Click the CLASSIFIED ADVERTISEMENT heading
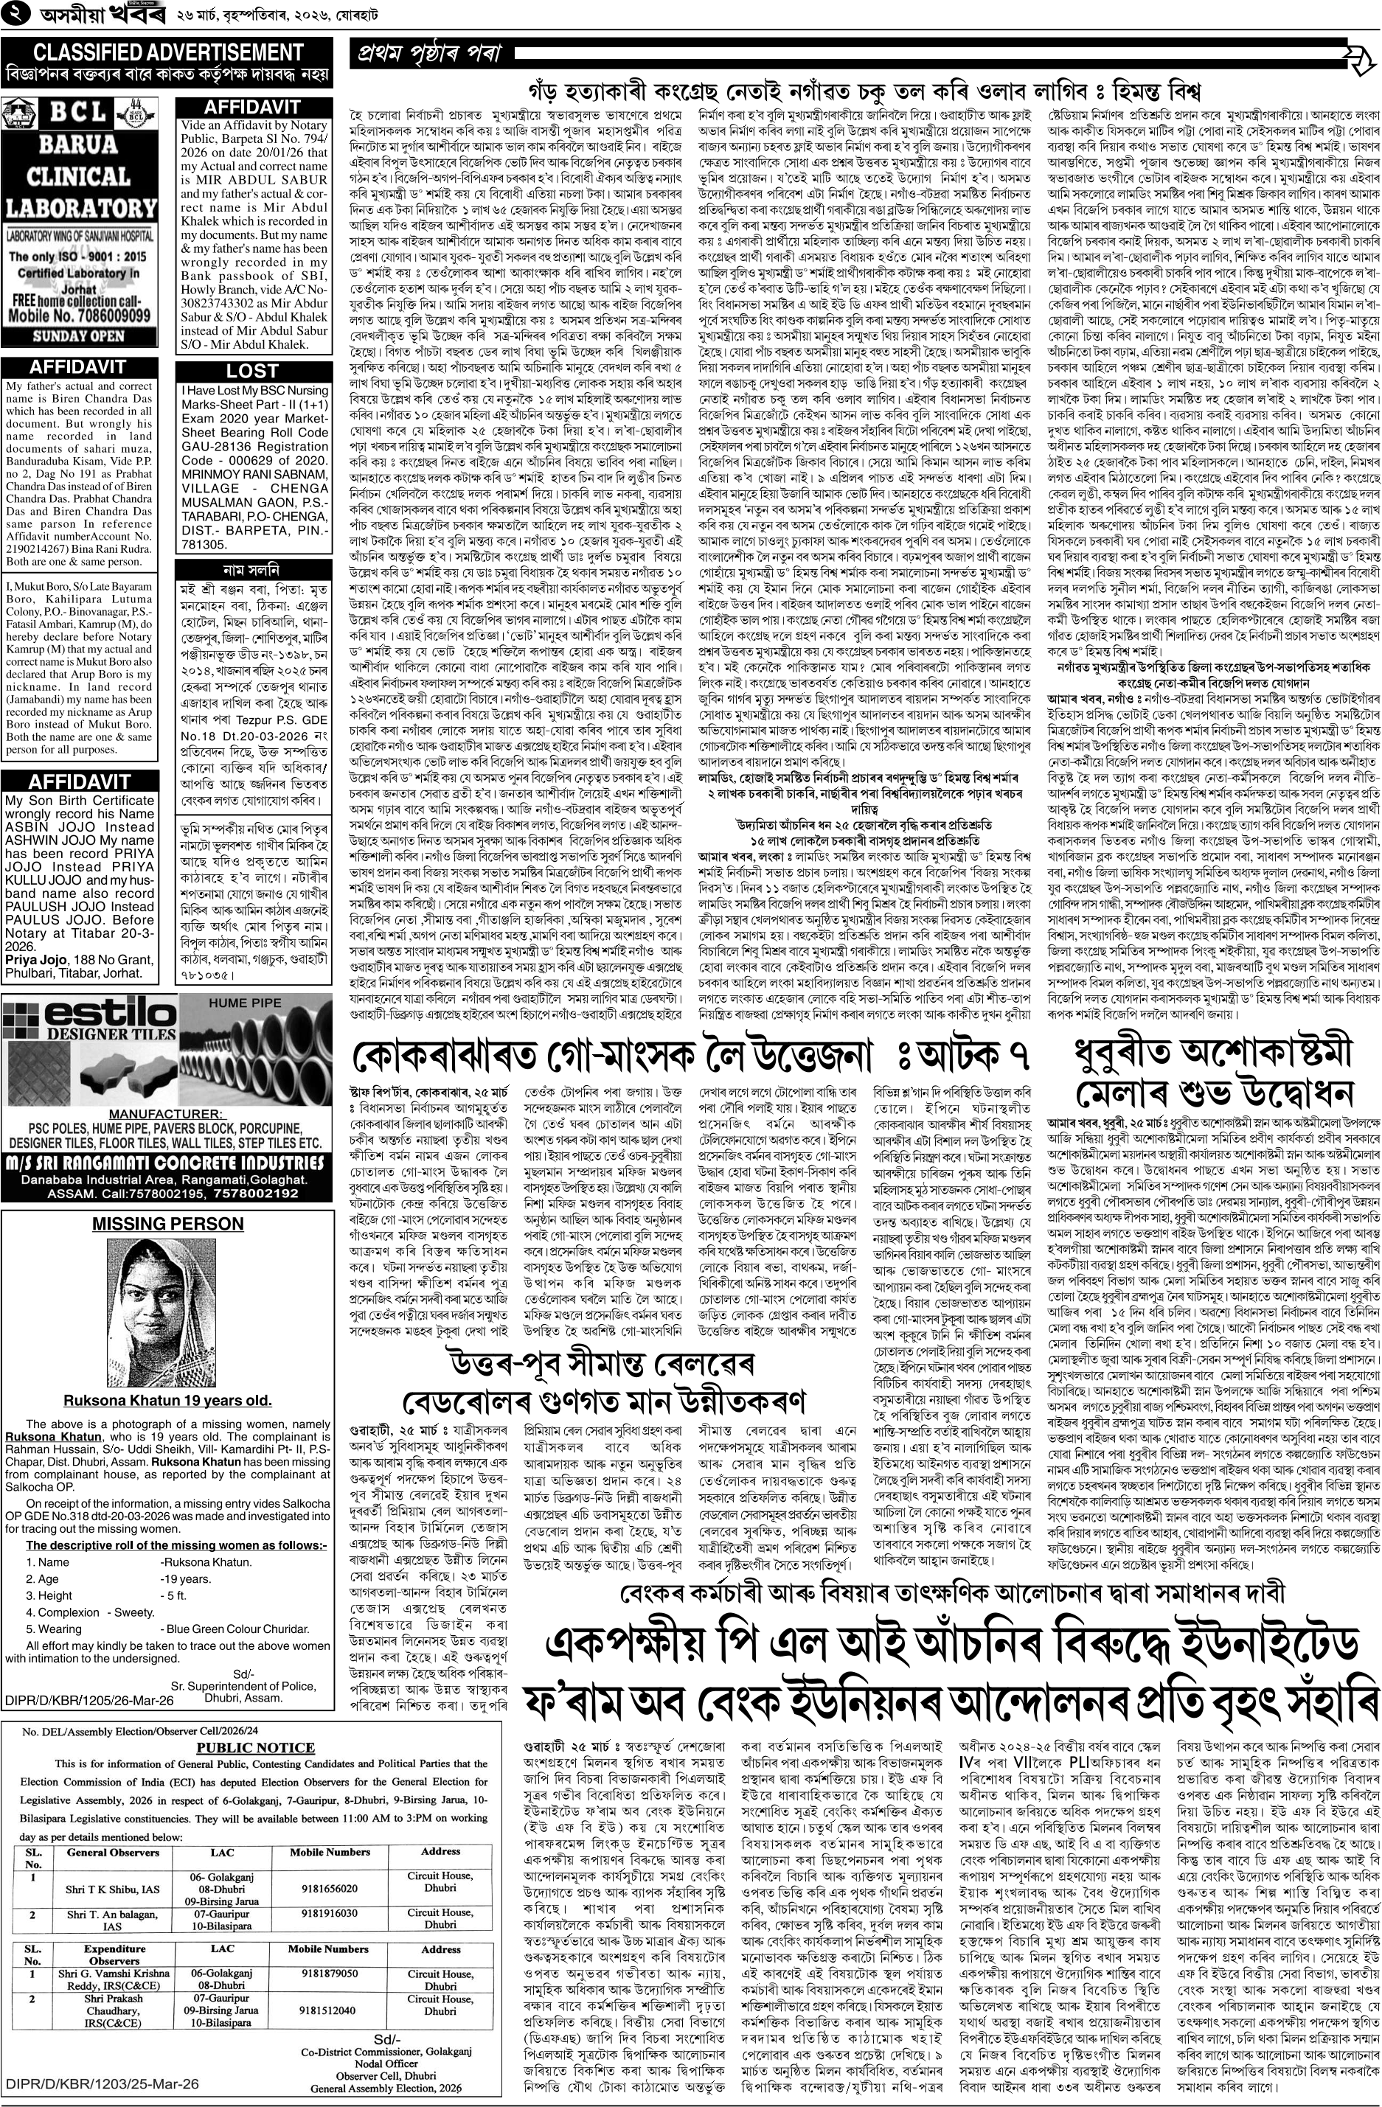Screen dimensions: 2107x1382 tap(167, 52)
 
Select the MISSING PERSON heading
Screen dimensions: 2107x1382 tap(167, 1225)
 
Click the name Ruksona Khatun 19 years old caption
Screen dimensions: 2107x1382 tap(167, 1400)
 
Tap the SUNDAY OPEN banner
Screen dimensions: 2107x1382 tap(79, 336)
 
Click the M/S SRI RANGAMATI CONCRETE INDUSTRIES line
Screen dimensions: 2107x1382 tap(167, 1163)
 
